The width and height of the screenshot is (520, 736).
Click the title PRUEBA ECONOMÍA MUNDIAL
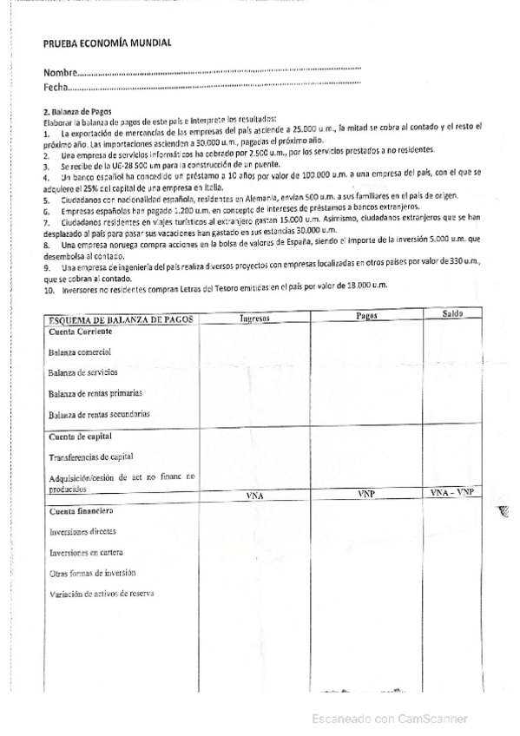pos(107,43)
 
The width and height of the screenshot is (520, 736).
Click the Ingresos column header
pos(255,318)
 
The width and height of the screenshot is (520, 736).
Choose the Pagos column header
pos(366,316)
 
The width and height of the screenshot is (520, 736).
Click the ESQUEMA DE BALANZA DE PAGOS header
pos(122,320)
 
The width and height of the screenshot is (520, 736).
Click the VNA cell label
pos(255,496)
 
